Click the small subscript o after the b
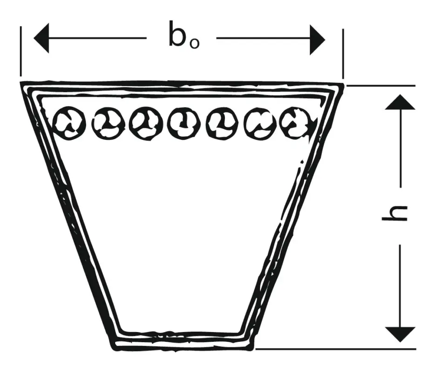pos(194,43)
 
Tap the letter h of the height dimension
pos(395,213)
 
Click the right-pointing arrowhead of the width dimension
pos(318,40)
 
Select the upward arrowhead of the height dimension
pos(400,102)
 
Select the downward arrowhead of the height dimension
pos(400,334)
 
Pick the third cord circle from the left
pos(147,123)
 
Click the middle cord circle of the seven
pos(184,123)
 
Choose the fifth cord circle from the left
pos(222,123)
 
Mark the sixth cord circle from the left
pos(260,122)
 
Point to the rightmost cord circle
pos(298,122)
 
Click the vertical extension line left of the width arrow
pos(20,51)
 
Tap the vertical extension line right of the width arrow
pos(343,54)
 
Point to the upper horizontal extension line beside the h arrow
pos(381,86)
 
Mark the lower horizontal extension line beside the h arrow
pos(336,349)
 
